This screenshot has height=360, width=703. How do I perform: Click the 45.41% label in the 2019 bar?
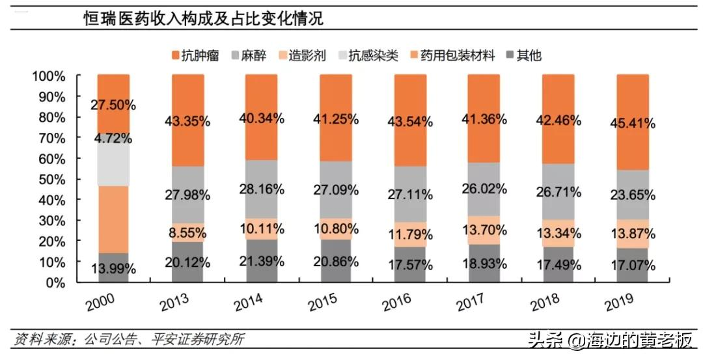pos(632,122)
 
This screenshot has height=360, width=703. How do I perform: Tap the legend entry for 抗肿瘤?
pos(193,55)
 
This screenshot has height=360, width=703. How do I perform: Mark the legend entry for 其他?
pos(521,55)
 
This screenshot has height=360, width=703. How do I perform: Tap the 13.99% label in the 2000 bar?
pos(113,268)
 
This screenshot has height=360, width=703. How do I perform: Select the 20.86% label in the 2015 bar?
pos(336,262)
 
